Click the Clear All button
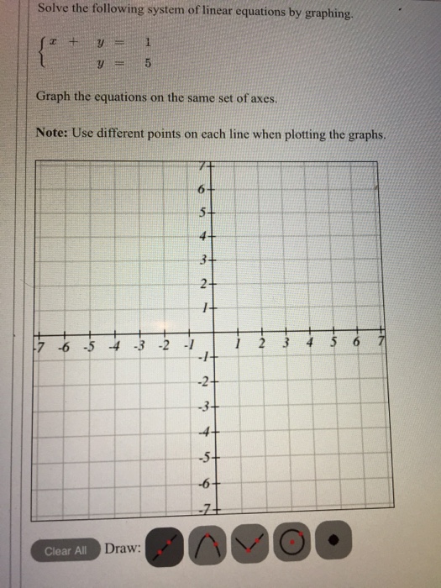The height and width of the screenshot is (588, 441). pyautogui.click(x=65, y=551)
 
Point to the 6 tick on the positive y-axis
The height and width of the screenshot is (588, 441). pyautogui.click(x=202, y=190)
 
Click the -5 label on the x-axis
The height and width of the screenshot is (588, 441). pyautogui.click(x=88, y=345)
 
